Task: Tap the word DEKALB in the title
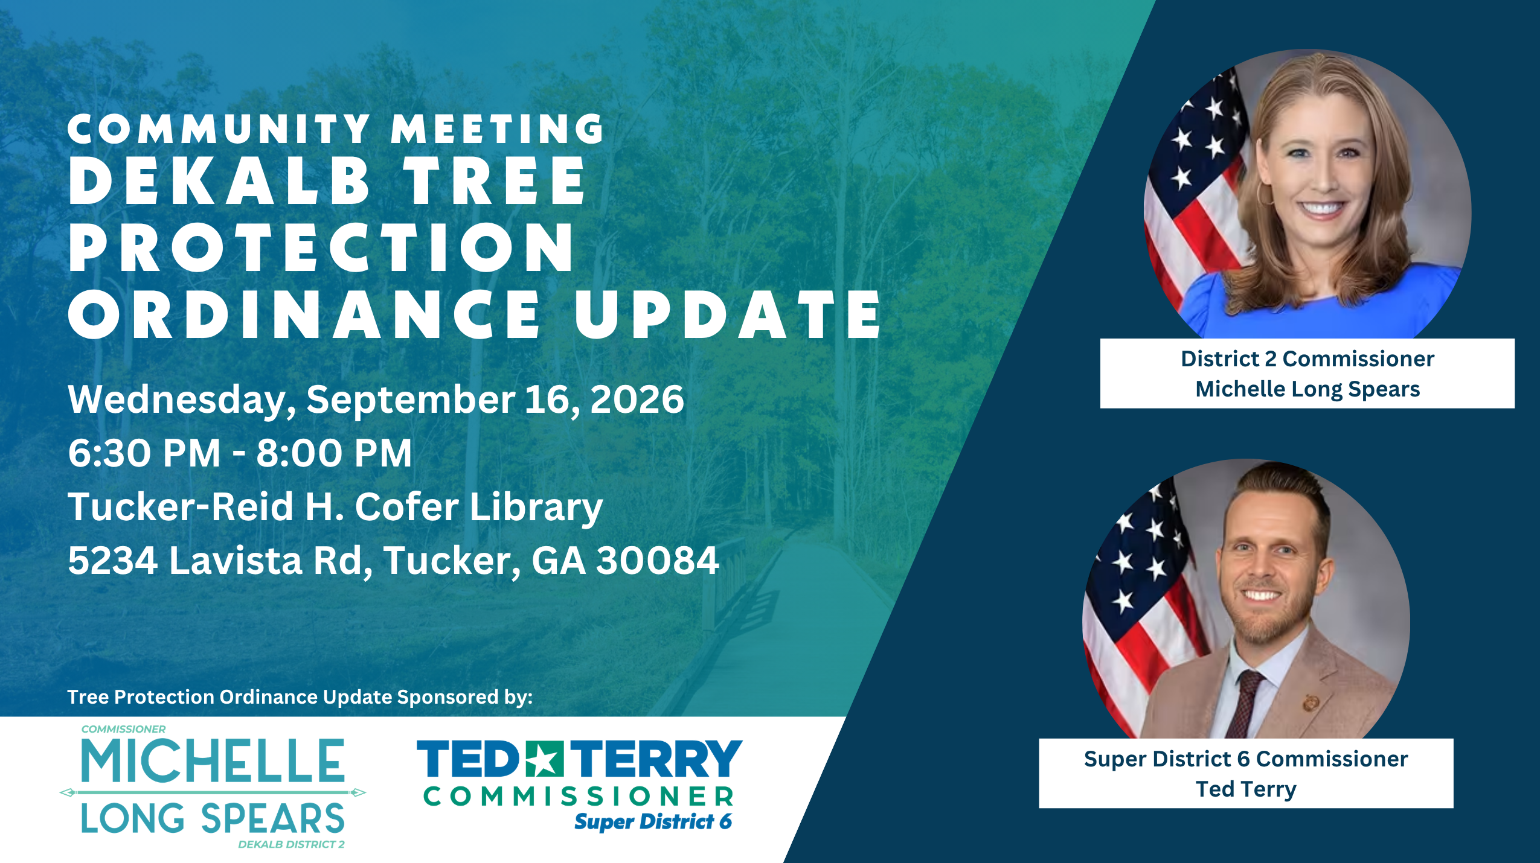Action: (219, 180)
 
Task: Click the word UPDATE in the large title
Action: (727, 314)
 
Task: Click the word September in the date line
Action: (411, 401)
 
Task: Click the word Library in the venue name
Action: (536, 508)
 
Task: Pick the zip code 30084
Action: (658, 560)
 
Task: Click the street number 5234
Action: (113, 560)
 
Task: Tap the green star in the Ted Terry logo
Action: (544, 759)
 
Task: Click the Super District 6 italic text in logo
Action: (653, 821)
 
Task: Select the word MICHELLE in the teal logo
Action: (213, 760)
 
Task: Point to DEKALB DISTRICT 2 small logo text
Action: (291, 844)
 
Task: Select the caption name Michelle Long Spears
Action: (1307, 389)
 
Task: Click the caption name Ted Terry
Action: (1246, 789)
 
